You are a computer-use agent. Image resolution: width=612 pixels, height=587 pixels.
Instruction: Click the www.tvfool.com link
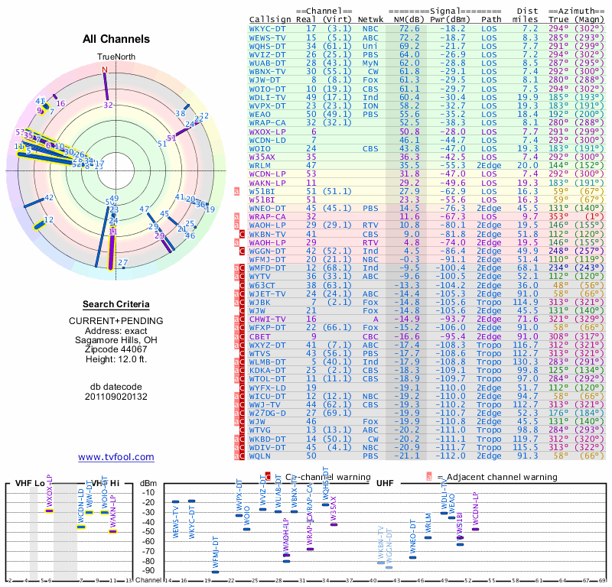116,457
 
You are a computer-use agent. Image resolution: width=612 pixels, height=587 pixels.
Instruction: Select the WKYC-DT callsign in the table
268,28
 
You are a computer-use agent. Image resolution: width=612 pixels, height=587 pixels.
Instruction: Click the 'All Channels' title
116,39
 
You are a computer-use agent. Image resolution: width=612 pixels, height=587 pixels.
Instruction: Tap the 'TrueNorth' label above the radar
116,57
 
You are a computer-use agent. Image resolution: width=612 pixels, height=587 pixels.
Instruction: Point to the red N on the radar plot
105,70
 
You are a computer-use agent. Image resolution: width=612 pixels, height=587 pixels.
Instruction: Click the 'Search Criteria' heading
116,304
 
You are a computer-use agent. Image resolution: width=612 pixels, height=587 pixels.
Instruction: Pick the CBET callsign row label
262,336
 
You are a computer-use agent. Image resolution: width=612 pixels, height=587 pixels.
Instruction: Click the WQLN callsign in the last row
265,456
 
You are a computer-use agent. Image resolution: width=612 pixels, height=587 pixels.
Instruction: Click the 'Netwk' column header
370,19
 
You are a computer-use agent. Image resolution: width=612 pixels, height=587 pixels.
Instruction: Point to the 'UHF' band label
384,483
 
